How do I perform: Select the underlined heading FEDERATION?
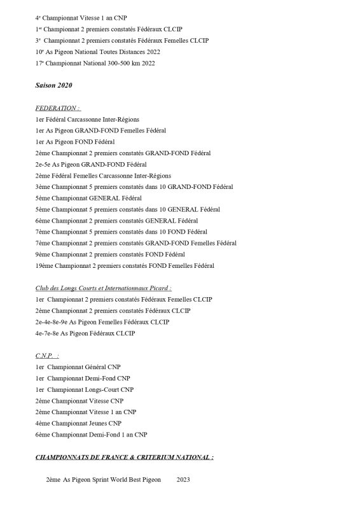pos(58,108)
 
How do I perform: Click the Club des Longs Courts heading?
pos(98,288)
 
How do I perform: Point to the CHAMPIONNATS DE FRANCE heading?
pos(124,457)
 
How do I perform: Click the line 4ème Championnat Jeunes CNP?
pos(78,423)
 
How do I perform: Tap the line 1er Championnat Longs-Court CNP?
pos(85,389)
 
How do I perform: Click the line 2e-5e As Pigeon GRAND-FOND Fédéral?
pos(95,164)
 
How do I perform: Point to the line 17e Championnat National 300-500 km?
pos(95,63)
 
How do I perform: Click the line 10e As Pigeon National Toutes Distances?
pos(98,52)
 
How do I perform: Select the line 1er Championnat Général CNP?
pos(78,367)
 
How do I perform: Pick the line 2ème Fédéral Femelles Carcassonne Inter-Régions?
pos(103,175)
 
